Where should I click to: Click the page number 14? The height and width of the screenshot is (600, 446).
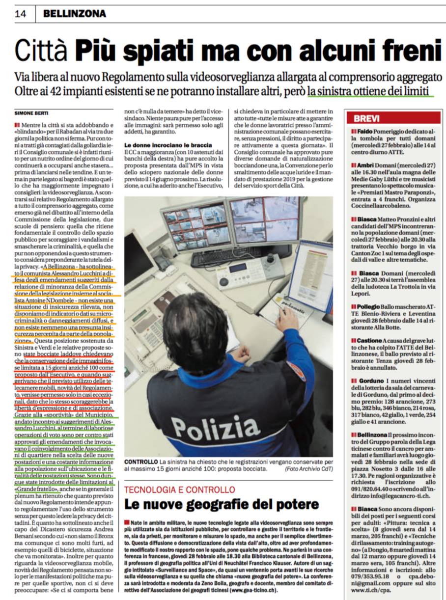(x=21, y=14)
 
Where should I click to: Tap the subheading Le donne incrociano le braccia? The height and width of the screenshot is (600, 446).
(x=168, y=145)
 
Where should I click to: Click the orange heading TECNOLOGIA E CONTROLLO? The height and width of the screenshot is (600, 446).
(x=179, y=490)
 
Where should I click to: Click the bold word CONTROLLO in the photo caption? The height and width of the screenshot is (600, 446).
(x=141, y=463)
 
